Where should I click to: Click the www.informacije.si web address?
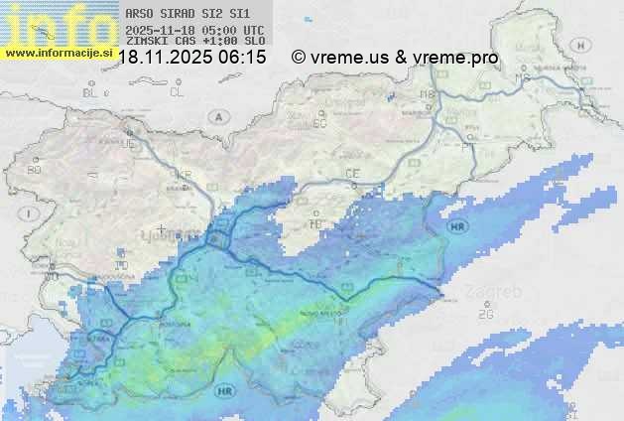59,51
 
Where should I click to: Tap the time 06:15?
243,58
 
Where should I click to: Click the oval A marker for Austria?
217,116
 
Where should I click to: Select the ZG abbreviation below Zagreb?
485,315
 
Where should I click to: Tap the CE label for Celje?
352,174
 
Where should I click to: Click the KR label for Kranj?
183,175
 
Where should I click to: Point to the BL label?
91,92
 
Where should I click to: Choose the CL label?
177,92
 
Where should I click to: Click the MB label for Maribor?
429,94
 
